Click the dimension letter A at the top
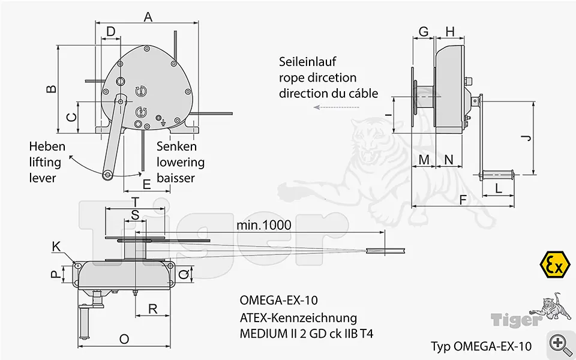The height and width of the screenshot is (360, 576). tap(148, 17)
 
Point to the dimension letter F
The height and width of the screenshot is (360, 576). tap(463, 200)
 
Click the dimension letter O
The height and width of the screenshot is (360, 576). tap(124, 339)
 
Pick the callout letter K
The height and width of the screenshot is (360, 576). tap(56, 246)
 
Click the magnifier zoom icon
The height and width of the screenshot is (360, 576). tap(560, 344)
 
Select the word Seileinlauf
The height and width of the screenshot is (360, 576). tap(307, 62)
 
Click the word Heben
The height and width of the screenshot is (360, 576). tap(47, 146)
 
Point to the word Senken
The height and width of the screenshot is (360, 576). tap(176, 146)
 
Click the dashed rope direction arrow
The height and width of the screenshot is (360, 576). tap(337, 107)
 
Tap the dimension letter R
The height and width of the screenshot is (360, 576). tap(153, 309)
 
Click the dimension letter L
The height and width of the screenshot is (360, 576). tap(499, 188)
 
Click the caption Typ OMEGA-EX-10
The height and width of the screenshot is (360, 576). tap(481, 346)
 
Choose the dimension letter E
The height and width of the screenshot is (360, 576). tap(146, 184)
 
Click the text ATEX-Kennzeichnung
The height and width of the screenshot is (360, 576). tap(298, 317)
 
